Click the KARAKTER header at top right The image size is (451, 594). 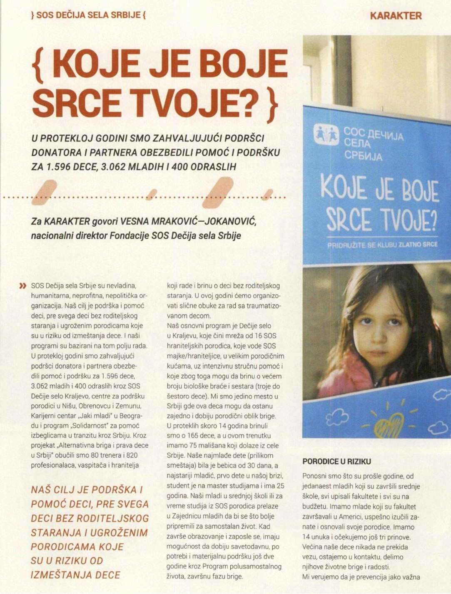coord(396,16)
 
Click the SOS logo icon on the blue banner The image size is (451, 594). coord(326,135)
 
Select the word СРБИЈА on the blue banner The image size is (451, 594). coord(363,156)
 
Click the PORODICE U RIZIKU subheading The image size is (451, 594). coord(336,462)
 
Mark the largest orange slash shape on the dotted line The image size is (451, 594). coord(217,192)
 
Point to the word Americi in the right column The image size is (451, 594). coord(370,517)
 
